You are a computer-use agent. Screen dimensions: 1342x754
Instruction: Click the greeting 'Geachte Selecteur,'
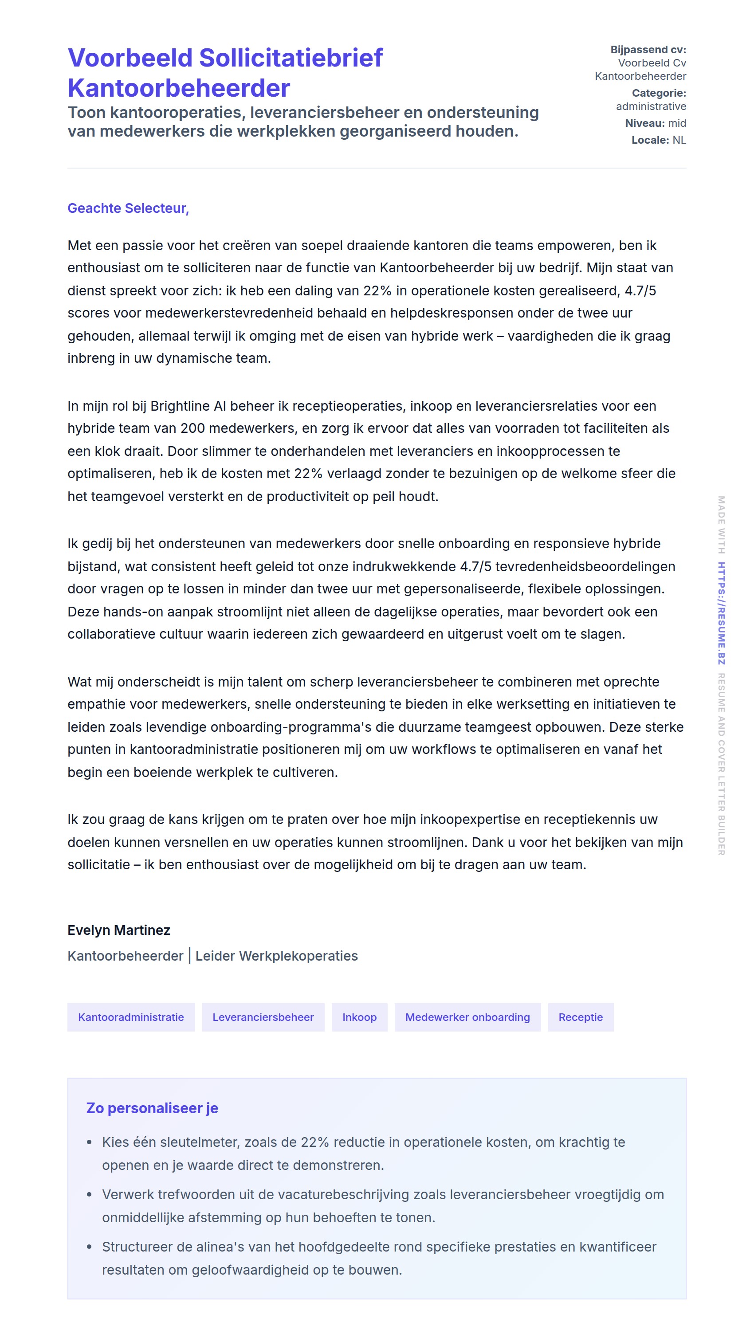128,208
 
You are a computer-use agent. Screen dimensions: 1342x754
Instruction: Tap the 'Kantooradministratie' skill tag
131,1017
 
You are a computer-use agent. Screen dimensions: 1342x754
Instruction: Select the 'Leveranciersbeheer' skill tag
263,1017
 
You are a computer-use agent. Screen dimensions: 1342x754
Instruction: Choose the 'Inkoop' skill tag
359,1017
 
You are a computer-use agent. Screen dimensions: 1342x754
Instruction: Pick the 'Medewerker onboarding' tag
467,1017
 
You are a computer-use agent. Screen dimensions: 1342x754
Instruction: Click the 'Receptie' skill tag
580,1017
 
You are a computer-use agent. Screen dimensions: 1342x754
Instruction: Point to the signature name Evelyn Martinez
119,930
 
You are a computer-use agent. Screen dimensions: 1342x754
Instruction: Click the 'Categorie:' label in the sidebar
659,93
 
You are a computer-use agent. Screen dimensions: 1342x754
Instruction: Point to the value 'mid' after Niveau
677,123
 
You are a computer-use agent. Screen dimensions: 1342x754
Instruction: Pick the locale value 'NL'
679,140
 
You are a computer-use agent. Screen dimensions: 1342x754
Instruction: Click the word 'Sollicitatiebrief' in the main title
291,58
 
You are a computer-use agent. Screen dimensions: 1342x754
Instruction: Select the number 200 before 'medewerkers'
192,428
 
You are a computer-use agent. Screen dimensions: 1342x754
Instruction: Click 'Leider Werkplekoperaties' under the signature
276,956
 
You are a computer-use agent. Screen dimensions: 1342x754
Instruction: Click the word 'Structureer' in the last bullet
137,1247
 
